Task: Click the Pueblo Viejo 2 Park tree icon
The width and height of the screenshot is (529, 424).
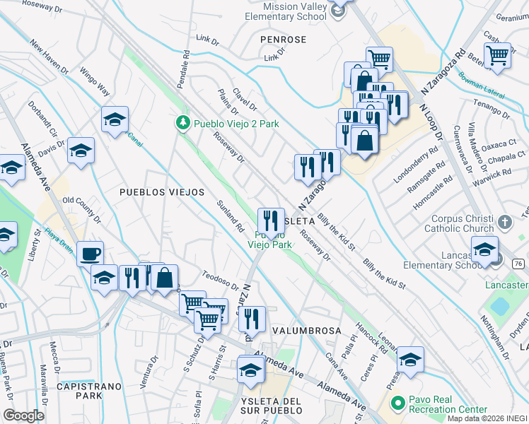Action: (x=183, y=124)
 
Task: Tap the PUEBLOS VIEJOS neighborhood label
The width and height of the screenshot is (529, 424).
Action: (x=162, y=192)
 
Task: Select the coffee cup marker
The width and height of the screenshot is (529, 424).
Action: (x=91, y=254)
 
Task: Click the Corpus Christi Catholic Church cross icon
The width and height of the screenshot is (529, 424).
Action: (x=504, y=222)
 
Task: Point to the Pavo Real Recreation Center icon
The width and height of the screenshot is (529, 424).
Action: (x=398, y=403)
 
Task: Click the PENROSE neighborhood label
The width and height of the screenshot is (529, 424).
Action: (x=283, y=40)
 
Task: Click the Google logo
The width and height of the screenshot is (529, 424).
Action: (x=23, y=416)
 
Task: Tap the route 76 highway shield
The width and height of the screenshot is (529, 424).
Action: (x=518, y=262)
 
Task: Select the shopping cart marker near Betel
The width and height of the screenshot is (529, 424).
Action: (x=499, y=54)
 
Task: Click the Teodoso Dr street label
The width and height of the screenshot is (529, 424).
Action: (x=221, y=281)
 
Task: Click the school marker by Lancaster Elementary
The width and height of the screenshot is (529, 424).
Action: (x=485, y=251)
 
